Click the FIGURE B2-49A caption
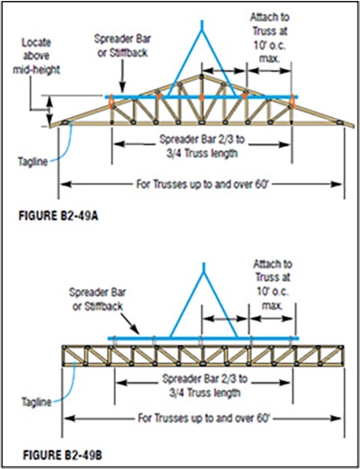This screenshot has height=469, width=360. coord(58,216)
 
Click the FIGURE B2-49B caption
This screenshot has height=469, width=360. coord(63,455)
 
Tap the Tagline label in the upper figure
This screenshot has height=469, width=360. coord(33,162)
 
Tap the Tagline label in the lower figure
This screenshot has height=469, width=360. coord(37,401)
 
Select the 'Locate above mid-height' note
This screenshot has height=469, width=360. coord(36,56)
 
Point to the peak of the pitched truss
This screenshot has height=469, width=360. coord(202,75)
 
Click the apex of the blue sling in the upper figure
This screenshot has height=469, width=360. coord(202,30)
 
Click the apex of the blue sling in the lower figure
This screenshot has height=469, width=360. coord(204,273)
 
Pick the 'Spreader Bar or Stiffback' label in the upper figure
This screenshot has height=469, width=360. coord(122,46)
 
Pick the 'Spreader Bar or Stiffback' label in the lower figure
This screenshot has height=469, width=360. coord(97,299)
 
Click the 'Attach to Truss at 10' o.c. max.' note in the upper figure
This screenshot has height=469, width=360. coord(270,38)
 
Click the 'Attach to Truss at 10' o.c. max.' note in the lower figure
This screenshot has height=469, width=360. coord(273,284)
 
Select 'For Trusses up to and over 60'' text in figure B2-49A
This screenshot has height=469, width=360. coord(202,184)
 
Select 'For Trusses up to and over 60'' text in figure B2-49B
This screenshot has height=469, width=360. coord(204,418)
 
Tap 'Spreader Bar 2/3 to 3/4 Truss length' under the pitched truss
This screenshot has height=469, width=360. coord(202,146)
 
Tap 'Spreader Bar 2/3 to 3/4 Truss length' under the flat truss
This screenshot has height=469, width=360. coord(204,385)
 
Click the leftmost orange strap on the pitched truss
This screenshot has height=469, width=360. coord(111,101)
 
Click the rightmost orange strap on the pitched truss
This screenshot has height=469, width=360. coord(292,102)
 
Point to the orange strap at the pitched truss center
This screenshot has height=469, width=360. coord(202,97)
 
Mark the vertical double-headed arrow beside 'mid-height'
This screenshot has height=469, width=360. coord(50,110)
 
